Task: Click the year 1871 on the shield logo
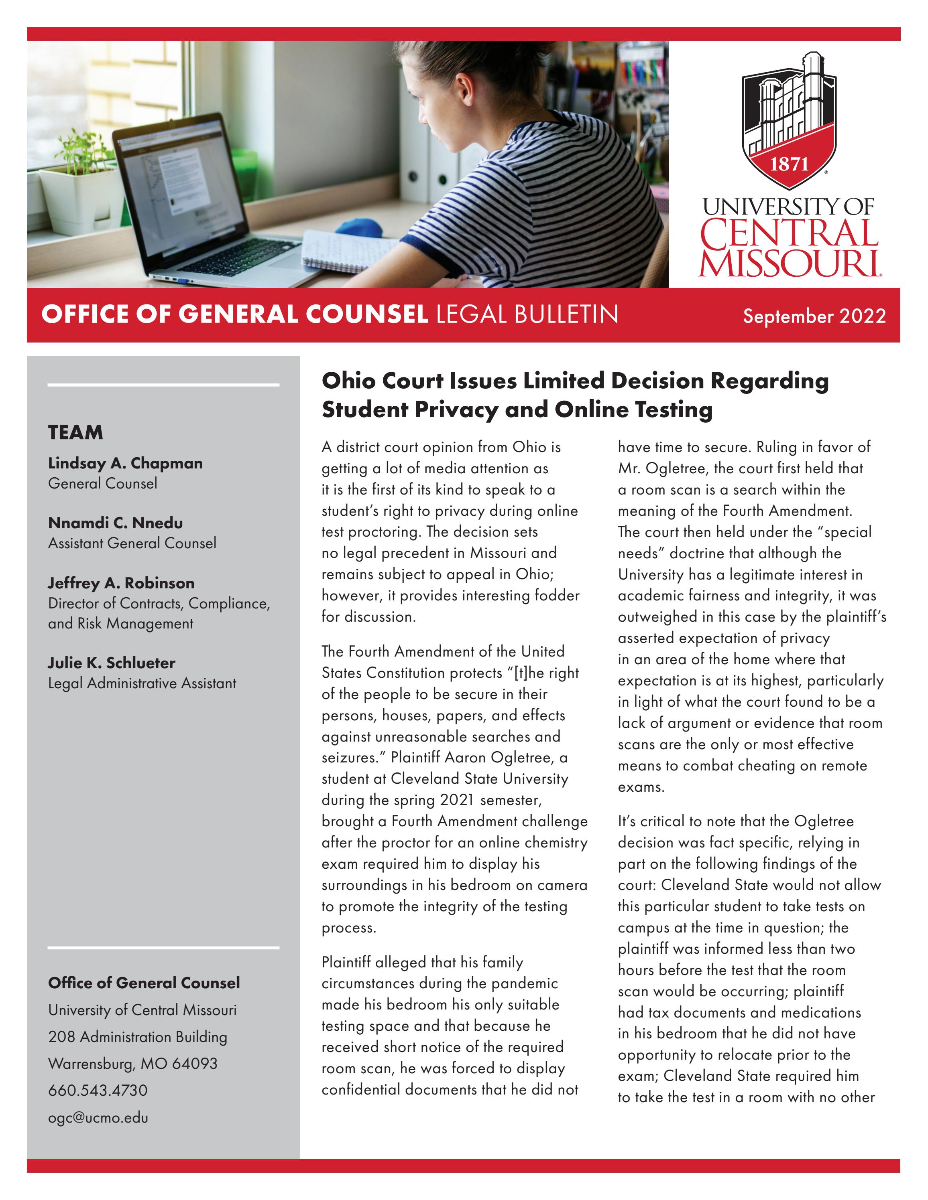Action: [789, 164]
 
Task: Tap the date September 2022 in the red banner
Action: [814, 316]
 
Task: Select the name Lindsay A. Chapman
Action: [125, 463]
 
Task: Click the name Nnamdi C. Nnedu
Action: [116, 523]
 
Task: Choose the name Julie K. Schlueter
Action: [112, 663]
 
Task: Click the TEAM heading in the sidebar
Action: [75, 432]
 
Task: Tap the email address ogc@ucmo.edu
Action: [98, 1118]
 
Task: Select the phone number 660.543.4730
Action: [98, 1090]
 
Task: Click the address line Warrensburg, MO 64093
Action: [132, 1063]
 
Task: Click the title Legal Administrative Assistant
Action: [142, 683]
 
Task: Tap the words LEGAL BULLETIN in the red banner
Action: [527, 314]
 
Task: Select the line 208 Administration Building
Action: [137, 1036]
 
